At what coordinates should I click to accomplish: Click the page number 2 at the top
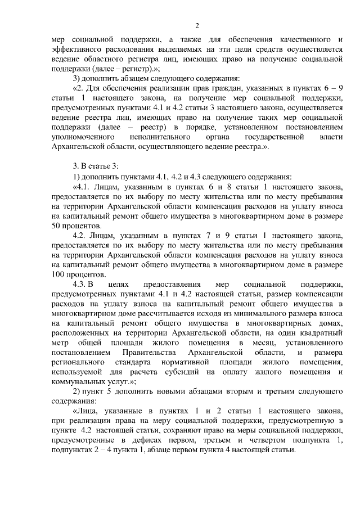[196, 25]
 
